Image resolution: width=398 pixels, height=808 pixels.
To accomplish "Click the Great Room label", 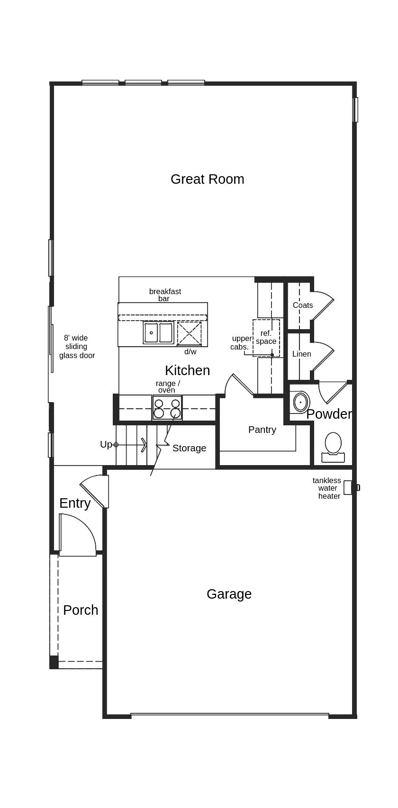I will tap(207, 179).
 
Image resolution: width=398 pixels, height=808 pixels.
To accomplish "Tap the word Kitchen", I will tap(187, 370).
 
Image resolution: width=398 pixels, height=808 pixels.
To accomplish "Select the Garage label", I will tap(229, 594).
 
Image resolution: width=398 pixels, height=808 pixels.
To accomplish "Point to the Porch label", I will tap(81, 610).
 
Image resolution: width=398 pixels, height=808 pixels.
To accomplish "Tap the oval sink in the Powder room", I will tap(300, 402).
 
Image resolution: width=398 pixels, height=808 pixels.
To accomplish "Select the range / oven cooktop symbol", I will tap(167, 408).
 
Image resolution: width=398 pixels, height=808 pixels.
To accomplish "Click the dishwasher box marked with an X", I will tap(189, 333).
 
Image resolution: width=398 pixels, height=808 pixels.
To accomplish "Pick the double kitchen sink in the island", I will tap(158, 332).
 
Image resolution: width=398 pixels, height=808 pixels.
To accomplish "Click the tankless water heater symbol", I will tap(348, 487).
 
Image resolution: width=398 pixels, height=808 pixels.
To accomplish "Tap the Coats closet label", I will tap(303, 305).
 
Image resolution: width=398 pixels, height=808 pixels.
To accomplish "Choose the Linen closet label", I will tap(302, 354).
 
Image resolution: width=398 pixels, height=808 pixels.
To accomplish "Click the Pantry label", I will tap(262, 430).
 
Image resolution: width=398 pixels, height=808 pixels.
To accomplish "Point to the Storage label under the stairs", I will tap(189, 448).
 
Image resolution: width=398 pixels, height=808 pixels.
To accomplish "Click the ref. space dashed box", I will tap(266, 337).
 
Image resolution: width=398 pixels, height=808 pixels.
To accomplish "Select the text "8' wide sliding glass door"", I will tap(77, 347).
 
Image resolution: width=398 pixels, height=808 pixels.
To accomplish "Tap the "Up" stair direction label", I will tap(106, 444).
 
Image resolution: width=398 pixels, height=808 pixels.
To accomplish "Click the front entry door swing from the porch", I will tap(78, 535).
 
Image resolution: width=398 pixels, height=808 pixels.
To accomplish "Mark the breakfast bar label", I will tap(165, 295).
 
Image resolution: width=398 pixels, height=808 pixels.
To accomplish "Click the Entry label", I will tap(75, 503).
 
